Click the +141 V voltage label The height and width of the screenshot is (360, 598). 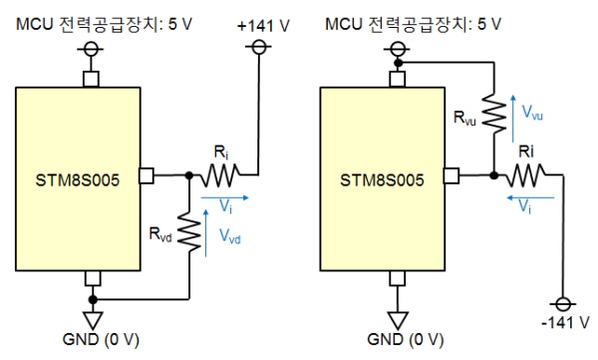tap(263, 26)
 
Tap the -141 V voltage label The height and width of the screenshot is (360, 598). tap(565, 322)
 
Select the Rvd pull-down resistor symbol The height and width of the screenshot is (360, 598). tap(189, 231)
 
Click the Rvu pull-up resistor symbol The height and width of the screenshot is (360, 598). tap(494, 114)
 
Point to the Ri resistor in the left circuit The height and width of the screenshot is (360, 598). tap(219, 176)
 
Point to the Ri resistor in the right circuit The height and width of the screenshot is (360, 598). tap(525, 176)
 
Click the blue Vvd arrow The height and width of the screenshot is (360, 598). tap(206, 233)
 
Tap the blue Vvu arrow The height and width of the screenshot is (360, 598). tap(513, 119)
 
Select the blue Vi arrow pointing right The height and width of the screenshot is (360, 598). tap(224, 197)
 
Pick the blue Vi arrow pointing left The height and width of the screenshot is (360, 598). tap(530, 197)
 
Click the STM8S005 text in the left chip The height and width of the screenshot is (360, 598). tap(78, 180)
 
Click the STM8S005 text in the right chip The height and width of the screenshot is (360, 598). tap(382, 180)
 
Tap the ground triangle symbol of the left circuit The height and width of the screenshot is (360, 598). tap(93, 321)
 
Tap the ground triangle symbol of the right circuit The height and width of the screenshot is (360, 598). tap(398, 321)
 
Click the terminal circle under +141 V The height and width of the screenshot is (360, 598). tap(258, 47)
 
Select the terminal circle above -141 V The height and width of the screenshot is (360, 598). tap(563, 304)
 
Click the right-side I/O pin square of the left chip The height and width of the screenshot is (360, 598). tap(147, 176)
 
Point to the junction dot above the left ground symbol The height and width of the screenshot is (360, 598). tap(93, 299)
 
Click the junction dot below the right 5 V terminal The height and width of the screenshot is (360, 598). tap(398, 63)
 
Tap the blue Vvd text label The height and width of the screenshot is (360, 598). tap(229, 236)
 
